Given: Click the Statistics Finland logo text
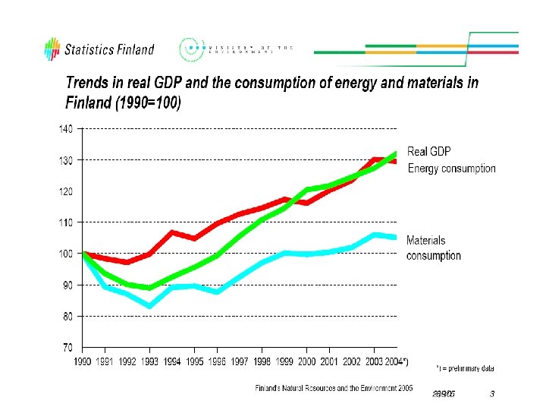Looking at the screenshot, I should [x=110, y=50].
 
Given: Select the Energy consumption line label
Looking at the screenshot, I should [x=452, y=169].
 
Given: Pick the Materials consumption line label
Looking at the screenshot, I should [x=433, y=248].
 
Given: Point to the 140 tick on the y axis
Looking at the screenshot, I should [x=66, y=129].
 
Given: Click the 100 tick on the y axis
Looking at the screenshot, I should [x=66, y=254].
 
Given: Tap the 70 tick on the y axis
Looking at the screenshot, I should [x=67, y=347].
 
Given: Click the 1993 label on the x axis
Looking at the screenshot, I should [x=150, y=361].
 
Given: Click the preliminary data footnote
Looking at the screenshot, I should [x=466, y=368].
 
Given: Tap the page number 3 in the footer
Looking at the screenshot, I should [x=492, y=394].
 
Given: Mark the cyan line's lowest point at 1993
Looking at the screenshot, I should [x=150, y=306].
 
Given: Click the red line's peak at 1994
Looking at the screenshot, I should [x=173, y=232].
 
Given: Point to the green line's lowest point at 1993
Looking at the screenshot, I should [x=150, y=288].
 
